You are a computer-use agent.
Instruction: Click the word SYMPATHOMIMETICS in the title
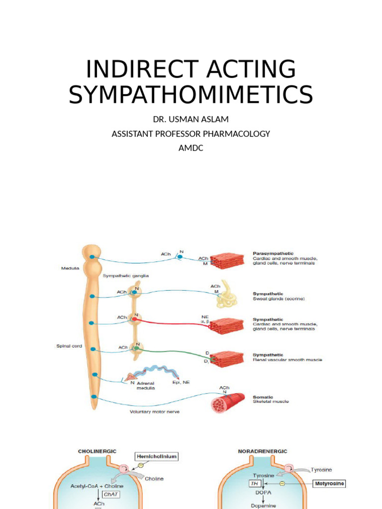pyautogui.click(x=191, y=94)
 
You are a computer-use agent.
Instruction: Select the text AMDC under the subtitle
pyautogui.click(x=191, y=148)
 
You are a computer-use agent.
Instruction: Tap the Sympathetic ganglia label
pyautogui.click(x=126, y=275)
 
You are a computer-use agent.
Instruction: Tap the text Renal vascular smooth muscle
pyautogui.click(x=287, y=360)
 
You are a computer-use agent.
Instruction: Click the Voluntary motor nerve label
pyautogui.click(x=155, y=412)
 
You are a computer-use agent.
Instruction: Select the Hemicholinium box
pyautogui.click(x=157, y=456)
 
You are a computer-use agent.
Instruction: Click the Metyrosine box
pyautogui.click(x=330, y=483)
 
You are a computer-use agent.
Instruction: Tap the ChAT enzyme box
pyautogui.click(x=109, y=495)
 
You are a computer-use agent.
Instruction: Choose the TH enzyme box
pyautogui.click(x=254, y=483)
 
